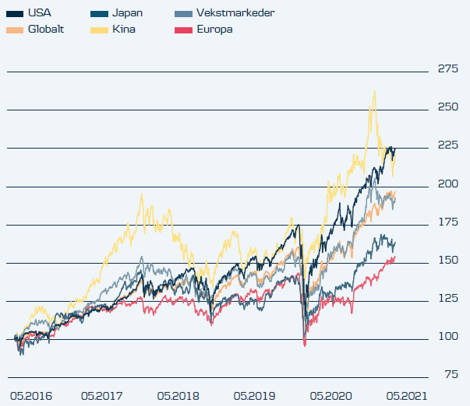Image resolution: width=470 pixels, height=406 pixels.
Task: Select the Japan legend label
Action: coord(127,13)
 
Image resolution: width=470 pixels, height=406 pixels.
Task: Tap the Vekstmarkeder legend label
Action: coord(226,13)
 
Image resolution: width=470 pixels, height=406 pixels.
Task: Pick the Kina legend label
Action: coord(124,29)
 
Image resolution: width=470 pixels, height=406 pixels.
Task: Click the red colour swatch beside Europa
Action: coord(182,30)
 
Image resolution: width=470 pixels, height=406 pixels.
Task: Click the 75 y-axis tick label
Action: coord(451,374)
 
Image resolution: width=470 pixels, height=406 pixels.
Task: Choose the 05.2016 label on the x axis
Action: coord(30,396)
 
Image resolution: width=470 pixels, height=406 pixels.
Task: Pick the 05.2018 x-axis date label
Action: coord(178,396)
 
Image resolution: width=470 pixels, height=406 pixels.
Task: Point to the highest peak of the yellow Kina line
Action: coord(375,91)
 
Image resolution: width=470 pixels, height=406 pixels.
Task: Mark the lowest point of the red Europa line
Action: coord(305,345)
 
